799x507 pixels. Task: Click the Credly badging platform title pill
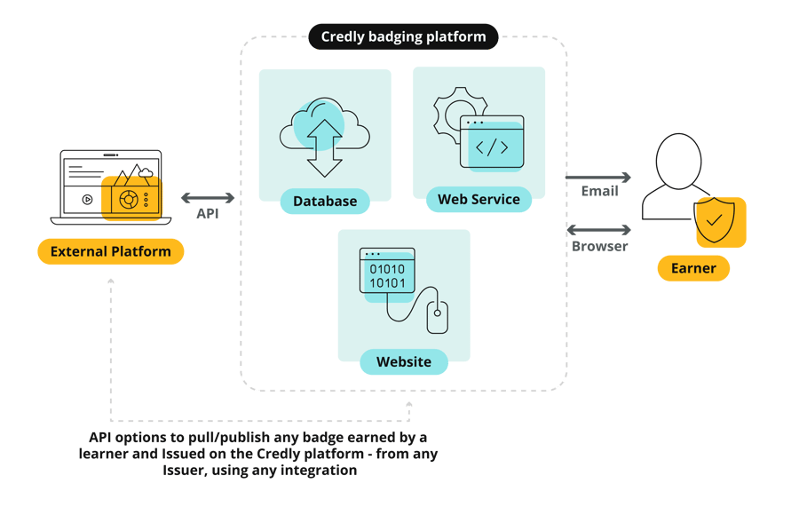[403, 37]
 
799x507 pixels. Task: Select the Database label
[325, 202]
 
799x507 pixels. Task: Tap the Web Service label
[479, 200]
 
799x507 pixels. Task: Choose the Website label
[403, 362]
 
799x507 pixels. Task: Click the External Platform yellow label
[110, 251]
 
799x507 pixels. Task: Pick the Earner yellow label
[693, 268]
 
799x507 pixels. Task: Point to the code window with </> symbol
[491, 141]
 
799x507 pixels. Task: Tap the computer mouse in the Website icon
[437, 317]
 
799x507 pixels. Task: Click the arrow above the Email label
[598, 177]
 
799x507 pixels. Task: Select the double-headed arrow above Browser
[598, 230]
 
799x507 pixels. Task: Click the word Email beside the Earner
[598, 192]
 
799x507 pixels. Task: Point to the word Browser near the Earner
[598, 246]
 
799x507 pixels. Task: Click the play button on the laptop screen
[87, 199]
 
